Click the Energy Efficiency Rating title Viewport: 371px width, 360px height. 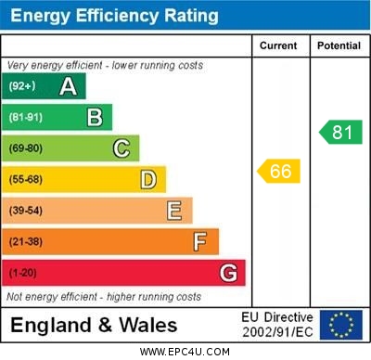click(x=114, y=16)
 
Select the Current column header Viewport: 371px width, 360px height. click(x=278, y=45)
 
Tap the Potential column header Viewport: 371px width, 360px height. click(x=339, y=45)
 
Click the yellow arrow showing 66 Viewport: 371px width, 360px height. click(x=279, y=172)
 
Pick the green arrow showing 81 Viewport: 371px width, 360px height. click(x=340, y=132)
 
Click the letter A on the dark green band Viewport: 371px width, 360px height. click(x=68, y=86)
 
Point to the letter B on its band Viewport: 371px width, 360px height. click(x=95, y=117)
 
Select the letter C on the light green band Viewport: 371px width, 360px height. click(x=122, y=148)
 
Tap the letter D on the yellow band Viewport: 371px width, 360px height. click(x=148, y=179)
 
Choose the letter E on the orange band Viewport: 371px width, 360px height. click(x=174, y=211)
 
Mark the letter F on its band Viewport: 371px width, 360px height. click(x=200, y=241)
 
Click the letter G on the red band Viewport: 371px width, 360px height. click(x=228, y=273)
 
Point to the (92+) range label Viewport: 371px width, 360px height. click(x=22, y=86)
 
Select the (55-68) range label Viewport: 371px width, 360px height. click(x=26, y=179)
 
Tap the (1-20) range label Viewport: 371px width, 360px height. click(x=24, y=273)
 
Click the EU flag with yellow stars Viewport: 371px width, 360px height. click(x=341, y=325)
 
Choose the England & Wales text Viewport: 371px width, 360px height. click(x=93, y=326)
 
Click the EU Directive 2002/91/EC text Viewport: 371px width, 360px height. click(x=277, y=325)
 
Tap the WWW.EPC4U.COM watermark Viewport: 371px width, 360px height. click(x=185, y=352)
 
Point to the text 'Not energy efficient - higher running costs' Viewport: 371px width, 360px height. click(x=104, y=297)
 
